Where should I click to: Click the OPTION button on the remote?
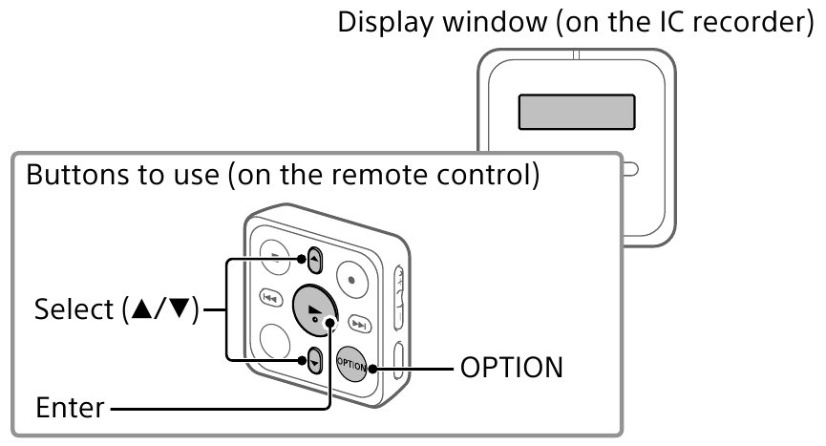[351, 364]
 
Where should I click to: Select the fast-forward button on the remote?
[359, 323]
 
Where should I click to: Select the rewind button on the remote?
[270, 297]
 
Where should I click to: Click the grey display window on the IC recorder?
[577, 112]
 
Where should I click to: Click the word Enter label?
[70, 409]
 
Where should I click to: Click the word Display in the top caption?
[381, 23]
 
